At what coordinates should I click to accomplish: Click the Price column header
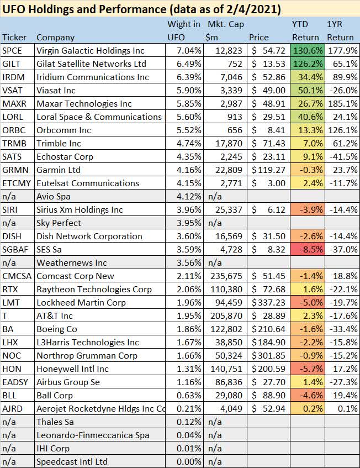click(259, 38)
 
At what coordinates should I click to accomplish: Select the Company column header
click(55, 38)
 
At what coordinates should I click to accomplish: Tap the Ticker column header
click(14, 38)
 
